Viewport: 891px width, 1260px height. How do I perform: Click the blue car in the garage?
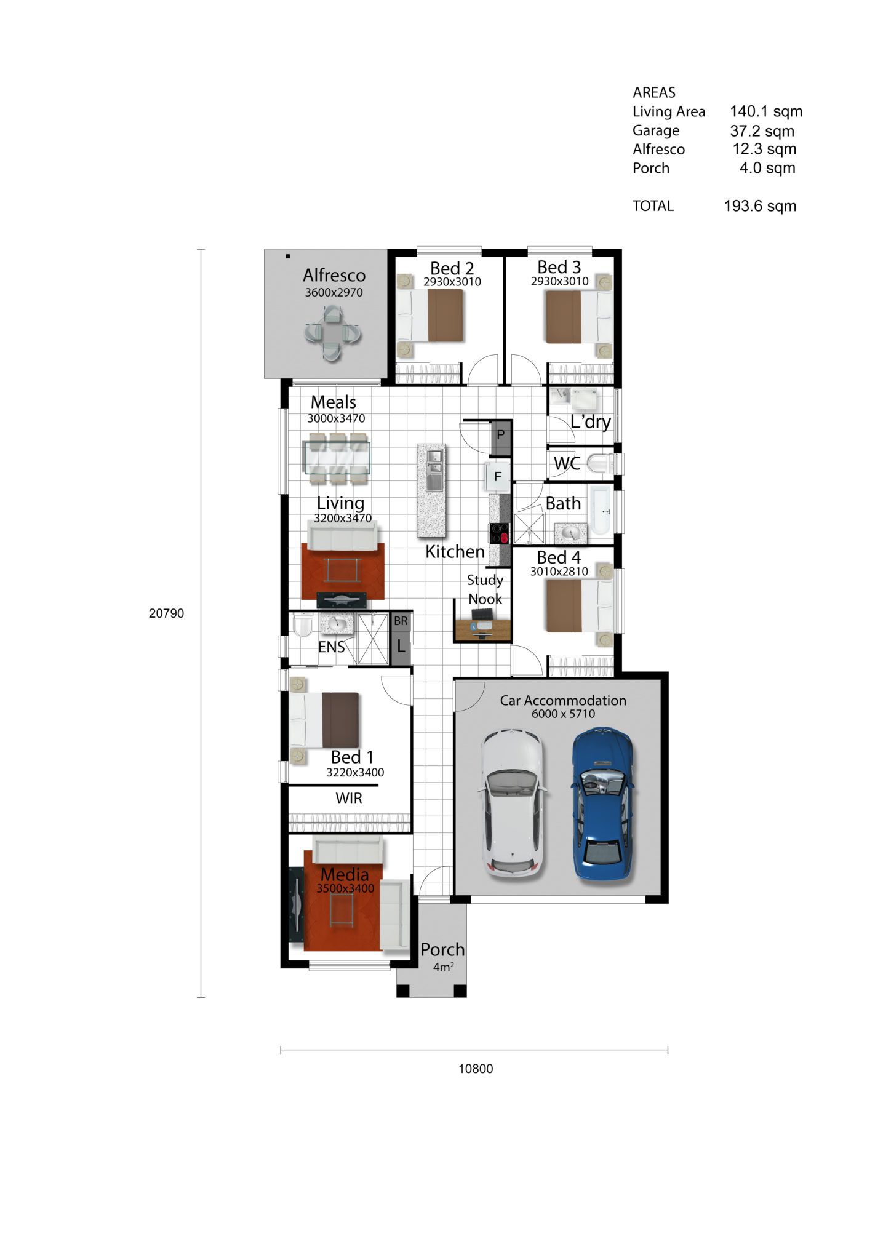tap(602, 803)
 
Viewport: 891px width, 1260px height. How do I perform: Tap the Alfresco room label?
tap(334, 275)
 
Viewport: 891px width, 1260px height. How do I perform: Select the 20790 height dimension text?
tap(166, 613)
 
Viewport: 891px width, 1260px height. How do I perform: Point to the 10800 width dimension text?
tap(476, 1069)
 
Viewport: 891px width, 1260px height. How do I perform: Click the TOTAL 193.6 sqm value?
tap(760, 206)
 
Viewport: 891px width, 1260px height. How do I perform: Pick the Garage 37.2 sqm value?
tap(762, 131)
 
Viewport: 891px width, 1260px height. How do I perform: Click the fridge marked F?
tap(497, 476)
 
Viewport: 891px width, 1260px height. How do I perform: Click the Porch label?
tap(442, 949)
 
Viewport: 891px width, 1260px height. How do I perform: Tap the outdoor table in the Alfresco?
tap(332, 334)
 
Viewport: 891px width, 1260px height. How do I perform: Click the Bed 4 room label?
tap(559, 557)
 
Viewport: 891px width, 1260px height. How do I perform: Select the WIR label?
tap(349, 799)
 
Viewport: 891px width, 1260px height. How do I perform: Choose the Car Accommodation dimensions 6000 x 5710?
tap(564, 714)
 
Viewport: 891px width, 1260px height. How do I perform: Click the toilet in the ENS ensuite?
tap(303, 627)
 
